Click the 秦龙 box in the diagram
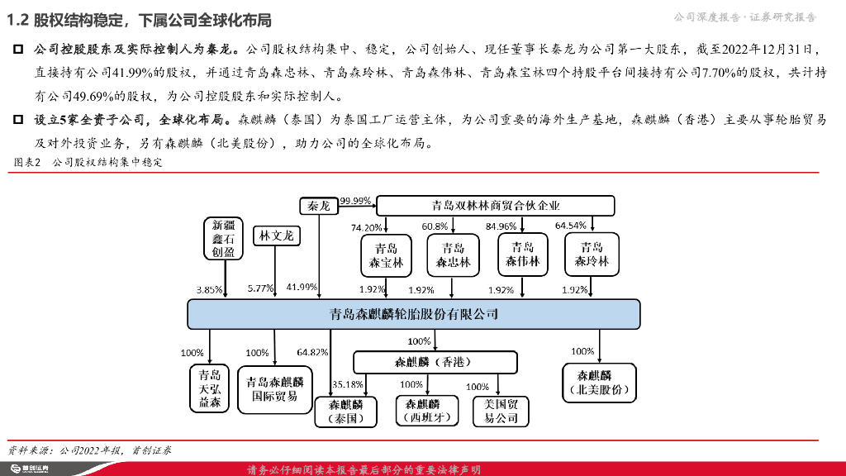[x=319, y=206]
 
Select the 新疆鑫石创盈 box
[x=223, y=238]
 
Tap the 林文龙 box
[x=276, y=236]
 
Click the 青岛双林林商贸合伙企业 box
[x=496, y=206]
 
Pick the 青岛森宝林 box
[x=386, y=255]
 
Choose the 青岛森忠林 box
[x=453, y=255]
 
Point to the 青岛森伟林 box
[x=523, y=255]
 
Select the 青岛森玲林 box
[x=592, y=255]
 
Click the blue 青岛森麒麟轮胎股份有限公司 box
[x=414, y=314]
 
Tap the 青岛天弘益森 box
[x=210, y=388]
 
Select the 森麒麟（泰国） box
[x=345, y=412]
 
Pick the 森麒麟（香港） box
[x=435, y=363]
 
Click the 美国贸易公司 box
[x=501, y=411]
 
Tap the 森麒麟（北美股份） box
[x=600, y=383]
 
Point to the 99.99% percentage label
[x=355, y=201]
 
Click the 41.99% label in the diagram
[x=302, y=287]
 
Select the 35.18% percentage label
[x=347, y=384]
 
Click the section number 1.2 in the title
[x=18, y=20]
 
